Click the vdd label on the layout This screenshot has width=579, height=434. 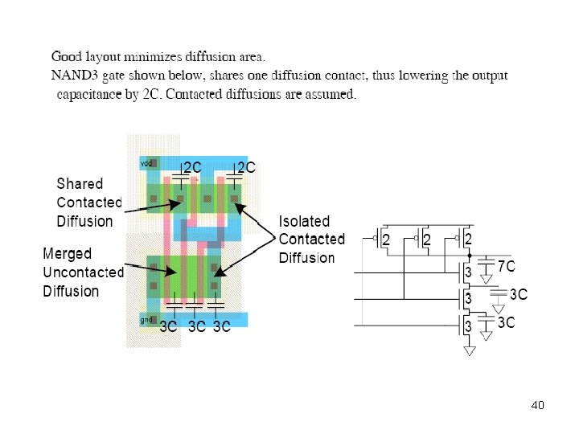click(x=146, y=163)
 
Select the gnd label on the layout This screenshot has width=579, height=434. click(x=146, y=320)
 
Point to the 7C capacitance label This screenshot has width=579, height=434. click(x=506, y=265)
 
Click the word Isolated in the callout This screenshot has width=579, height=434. click(x=305, y=220)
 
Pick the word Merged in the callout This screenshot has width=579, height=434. click(x=67, y=254)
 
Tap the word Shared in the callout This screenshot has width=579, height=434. click(x=80, y=184)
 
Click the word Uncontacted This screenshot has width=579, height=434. click(x=83, y=272)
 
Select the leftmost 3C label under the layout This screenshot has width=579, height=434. click(x=168, y=327)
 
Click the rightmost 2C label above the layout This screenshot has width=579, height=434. click(x=245, y=167)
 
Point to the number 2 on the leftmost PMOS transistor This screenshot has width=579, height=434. click(x=386, y=240)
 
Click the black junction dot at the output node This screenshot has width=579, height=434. click(x=469, y=256)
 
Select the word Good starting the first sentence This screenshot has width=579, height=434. click(x=67, y=57)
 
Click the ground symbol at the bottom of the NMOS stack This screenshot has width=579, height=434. click(x=470, y=350)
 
